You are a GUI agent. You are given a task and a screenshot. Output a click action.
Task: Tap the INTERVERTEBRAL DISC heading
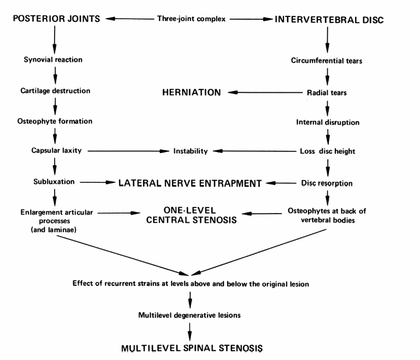pos(330,19)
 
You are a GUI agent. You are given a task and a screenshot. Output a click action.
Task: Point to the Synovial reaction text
pos(54,60)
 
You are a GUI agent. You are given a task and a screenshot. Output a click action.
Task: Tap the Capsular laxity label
pos(54,150)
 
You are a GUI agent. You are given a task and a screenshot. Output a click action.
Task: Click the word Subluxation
pos(54,181)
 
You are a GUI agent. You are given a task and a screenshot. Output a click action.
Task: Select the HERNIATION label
pos(191,93)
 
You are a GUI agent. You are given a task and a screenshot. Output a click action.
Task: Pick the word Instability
pos(190,151)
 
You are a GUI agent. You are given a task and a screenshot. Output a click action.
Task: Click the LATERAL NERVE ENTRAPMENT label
pos(191,184)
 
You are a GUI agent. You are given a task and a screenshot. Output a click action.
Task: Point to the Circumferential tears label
pos(327,61)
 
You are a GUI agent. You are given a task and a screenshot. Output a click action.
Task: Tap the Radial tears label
pos(327,93)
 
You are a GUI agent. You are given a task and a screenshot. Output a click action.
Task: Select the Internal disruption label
pos(327,122)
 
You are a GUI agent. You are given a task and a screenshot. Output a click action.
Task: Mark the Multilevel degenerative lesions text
pos(188,315)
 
